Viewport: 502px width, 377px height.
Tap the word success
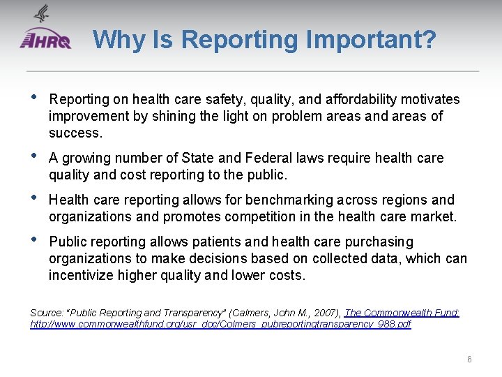(x=75, y=133)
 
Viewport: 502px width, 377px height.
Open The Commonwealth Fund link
(x=402, y=313)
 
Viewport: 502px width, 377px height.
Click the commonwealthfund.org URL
(x=220, y=325)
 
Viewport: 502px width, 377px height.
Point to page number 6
(x=469, y=359)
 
